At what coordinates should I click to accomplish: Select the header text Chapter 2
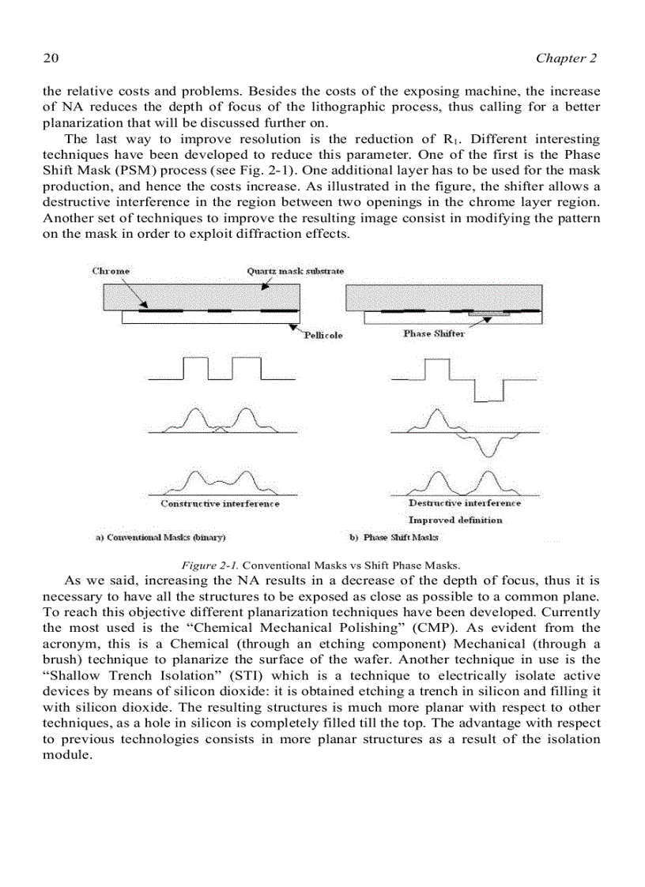pos(566,58)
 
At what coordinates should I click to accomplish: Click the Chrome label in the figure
pos(111,271)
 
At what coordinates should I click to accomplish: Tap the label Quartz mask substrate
pos(295,271)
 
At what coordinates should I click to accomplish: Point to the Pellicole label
pos(323,335)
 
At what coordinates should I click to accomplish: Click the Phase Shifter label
pos(434,333)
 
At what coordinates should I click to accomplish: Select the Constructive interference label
pos(220,503)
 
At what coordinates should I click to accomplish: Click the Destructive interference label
pos(465,502)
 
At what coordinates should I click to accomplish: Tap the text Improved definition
pos(455,520)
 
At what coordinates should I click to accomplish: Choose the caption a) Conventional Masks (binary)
pos(160,538)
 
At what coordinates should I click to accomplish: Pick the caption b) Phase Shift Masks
pos(394,538)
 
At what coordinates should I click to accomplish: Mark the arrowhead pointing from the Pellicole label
pos(294,325)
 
